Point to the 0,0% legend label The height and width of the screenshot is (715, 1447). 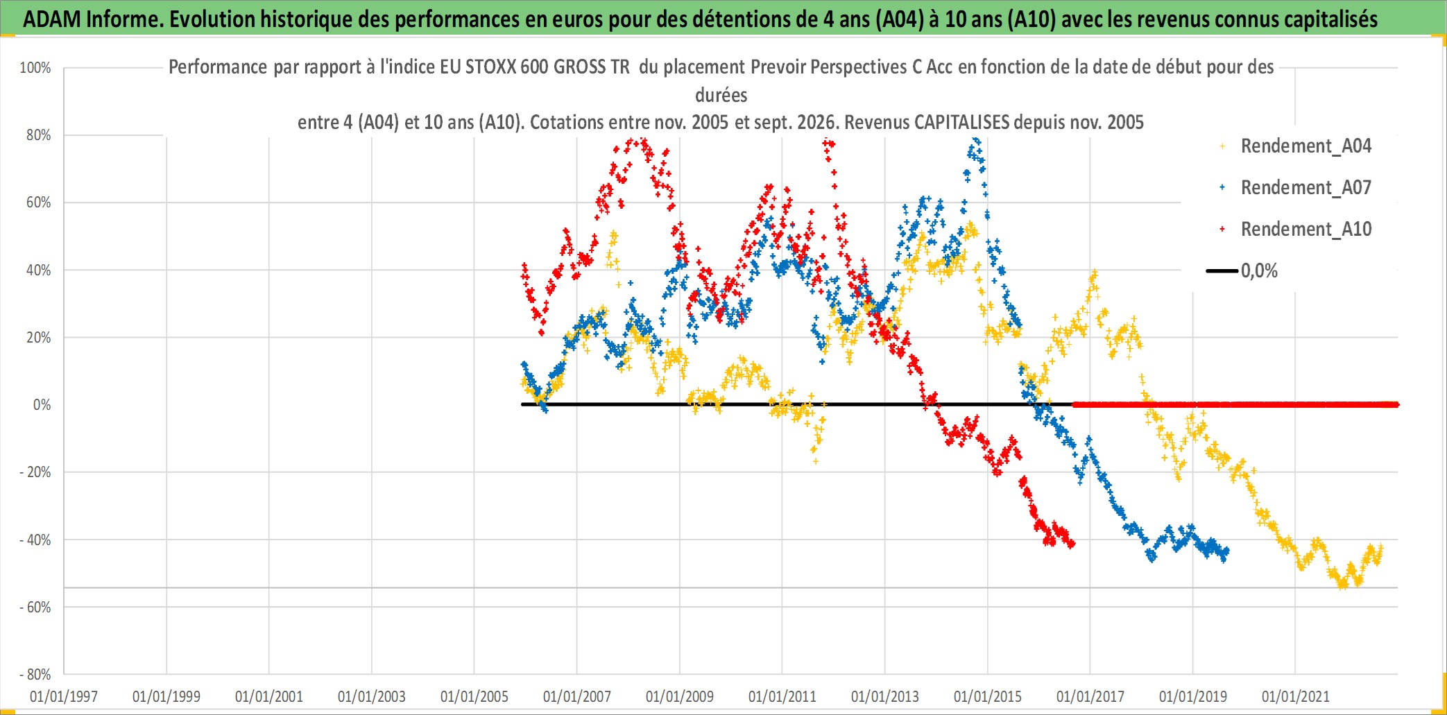tap(1259, 271)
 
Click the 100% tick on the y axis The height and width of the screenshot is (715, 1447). tap(35, 68)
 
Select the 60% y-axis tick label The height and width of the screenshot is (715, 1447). tap(39, 203)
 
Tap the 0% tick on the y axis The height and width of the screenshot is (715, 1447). tap(42, 405)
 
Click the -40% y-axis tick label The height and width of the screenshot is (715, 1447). tap(35, 540)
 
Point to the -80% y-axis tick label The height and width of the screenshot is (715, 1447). tap(35, 674)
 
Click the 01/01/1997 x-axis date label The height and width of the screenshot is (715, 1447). tap(64, 696)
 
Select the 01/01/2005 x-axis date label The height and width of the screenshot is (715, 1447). tap(474, 696)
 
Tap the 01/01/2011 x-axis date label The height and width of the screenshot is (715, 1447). tap(782, 696)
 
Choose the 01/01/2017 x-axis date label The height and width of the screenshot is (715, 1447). tap(1090, 696)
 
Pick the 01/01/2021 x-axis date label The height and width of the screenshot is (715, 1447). tap(1296, 696)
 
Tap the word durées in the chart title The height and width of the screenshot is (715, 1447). tap(721, 95)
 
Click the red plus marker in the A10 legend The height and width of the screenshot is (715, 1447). tap(1222, 230)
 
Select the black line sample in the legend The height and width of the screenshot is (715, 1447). tap(1222, 271)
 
